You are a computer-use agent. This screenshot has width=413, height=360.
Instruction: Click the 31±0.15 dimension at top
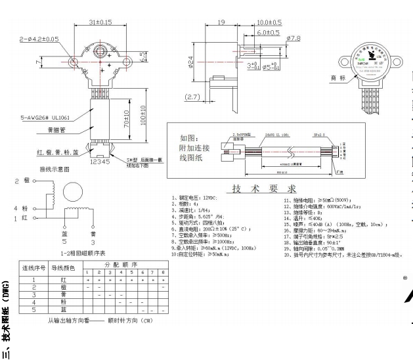[x=100, y=22]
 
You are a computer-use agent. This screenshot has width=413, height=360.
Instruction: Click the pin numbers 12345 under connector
[x=99, y=161]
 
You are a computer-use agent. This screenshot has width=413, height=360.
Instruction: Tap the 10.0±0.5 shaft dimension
[x=269, y=22]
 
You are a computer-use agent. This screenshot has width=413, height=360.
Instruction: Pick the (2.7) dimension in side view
[x=192, y=97]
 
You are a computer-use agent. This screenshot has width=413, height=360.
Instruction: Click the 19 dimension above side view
[x=222, y=22]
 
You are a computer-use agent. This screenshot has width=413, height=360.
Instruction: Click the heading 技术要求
[x=256, y=189]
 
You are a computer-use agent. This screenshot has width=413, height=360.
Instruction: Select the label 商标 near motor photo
[x=337, y=78]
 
